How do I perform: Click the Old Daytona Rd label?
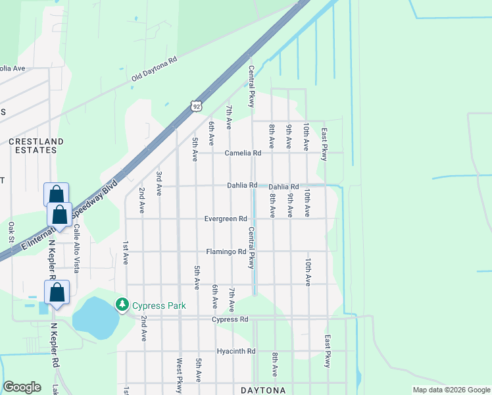155,68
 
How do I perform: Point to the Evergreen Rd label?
226,219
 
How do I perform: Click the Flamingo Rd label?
226,251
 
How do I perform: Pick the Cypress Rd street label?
230,319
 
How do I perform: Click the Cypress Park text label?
159,305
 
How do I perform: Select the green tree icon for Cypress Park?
122,305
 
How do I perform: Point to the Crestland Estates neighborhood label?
36,145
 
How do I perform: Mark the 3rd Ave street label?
159,183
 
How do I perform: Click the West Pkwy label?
179,374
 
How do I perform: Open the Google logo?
22,387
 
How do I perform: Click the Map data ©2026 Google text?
450,390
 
